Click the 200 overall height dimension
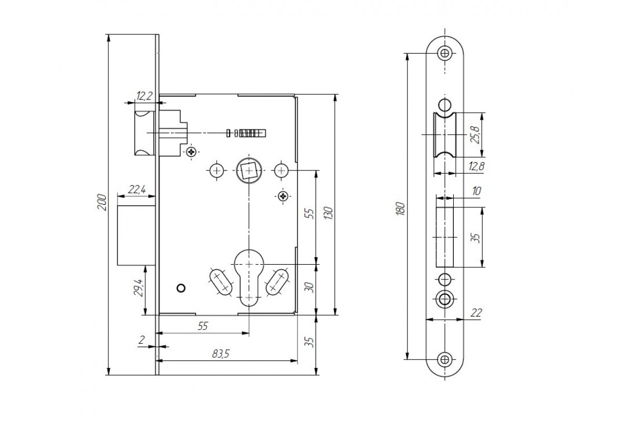(102, 202)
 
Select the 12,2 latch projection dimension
(144, 96)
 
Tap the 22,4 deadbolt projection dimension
(137, 189)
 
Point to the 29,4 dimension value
(137, 287)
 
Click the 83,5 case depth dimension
(221, 354)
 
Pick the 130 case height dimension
(329, 213)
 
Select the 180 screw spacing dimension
(401, 209)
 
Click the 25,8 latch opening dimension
(475, 135)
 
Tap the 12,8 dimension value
(476, 166)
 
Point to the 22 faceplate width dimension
(476, 313)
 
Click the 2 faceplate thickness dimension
(141, 340)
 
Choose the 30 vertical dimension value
(309, 287)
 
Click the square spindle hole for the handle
(249, 171)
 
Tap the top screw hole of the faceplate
(445, 53)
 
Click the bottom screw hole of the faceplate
(445, 359)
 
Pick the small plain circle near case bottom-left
(181, 288)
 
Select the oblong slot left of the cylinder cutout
(220, 282)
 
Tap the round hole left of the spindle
(217, 171)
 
